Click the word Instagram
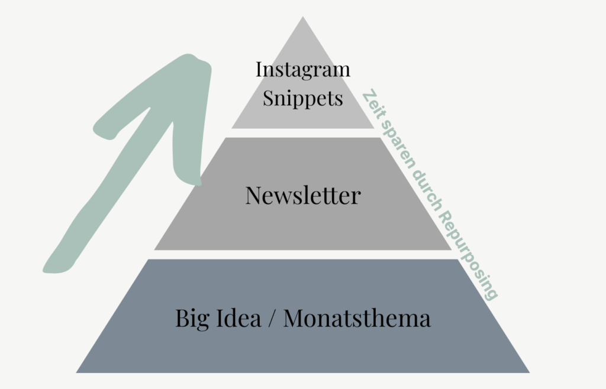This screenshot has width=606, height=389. click(302, 70)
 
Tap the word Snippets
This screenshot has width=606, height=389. click(302, 98)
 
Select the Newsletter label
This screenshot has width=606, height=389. click(302, 195)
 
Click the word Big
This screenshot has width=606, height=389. click(190, 319)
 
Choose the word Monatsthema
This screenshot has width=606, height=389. click(357, 319)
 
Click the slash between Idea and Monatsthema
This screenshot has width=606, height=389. click(272, 319)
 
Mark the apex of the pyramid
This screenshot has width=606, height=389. click(303, 18)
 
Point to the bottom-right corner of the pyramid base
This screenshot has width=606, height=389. click(528, 372)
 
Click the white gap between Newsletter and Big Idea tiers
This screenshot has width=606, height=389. click(302, 254)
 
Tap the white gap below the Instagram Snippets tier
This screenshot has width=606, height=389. click(302, 133)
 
